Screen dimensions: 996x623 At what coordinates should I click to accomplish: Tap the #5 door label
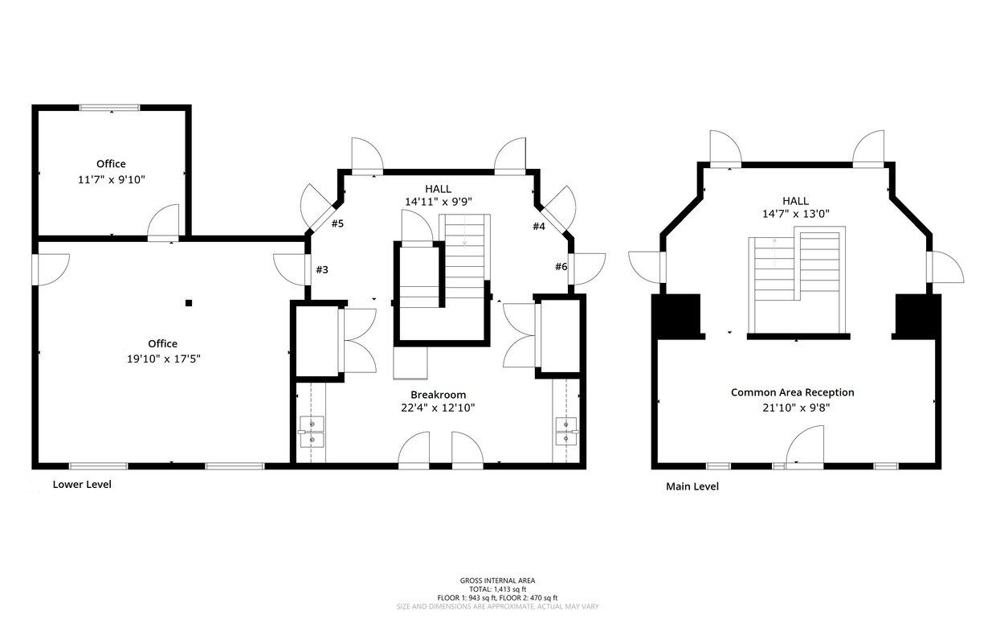point(337,223)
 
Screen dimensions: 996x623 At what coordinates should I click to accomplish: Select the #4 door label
point(539,227)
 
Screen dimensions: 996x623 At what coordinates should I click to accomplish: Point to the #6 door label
point(561,267)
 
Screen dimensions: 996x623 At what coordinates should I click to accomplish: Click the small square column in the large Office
point(189,303)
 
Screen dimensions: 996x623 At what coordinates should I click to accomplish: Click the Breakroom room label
point(438,395)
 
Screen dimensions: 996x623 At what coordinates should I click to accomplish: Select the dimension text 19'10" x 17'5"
point(164,359)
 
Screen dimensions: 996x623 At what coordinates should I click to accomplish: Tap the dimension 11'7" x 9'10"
point(112,180)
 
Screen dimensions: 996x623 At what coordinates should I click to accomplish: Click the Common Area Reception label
point(792,392)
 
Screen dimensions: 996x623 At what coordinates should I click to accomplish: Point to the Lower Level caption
point(82,484)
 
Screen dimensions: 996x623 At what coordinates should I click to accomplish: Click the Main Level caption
point(692,486)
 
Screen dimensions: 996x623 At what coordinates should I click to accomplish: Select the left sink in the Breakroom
point(312,432)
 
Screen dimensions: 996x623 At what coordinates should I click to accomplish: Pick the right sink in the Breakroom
point(566,432)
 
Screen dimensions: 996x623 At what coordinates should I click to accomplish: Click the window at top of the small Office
point(109,108)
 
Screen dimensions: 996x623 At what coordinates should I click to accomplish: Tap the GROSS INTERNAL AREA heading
point(497,580)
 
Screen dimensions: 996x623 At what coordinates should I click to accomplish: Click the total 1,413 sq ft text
point(497,589)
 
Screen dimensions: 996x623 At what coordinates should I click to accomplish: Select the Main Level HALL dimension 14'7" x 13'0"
point(796,214)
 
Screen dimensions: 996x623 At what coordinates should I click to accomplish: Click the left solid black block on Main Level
point(676,315)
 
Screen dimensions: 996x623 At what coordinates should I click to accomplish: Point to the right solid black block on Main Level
point(918,315)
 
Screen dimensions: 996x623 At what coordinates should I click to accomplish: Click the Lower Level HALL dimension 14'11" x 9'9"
point(438,202)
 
